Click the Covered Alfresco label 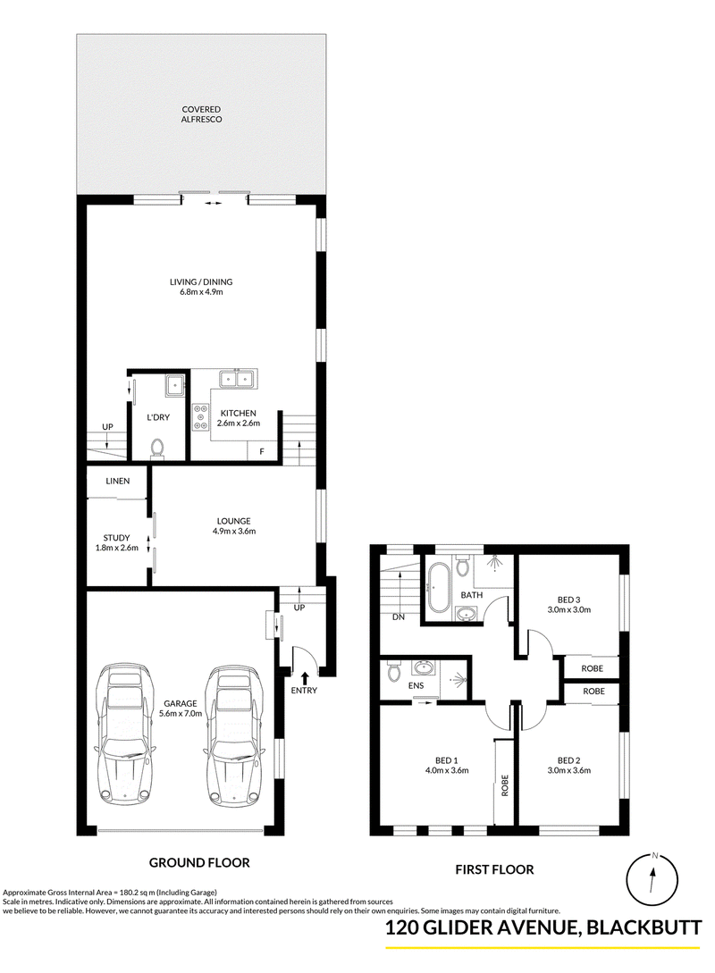[x=201, y=114]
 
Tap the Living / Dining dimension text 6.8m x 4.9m [x=201, y=291]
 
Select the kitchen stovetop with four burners [x=201, y=417]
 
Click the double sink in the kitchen [x=237, y=378]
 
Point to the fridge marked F [x=262, y=452]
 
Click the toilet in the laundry [x=157, y=448]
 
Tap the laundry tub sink [x=174, y=385]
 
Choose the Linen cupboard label [x=117, y=481]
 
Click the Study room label [x=117, y=538]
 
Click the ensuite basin [x=425, y=668]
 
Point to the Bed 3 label [x=568, y=600]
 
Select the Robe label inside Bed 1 [x=505, y=785]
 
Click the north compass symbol [x=652, y=879]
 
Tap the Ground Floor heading [x=199, y=862]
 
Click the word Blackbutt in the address [x=644, y=928]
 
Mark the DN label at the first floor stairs [x=399, y=617]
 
